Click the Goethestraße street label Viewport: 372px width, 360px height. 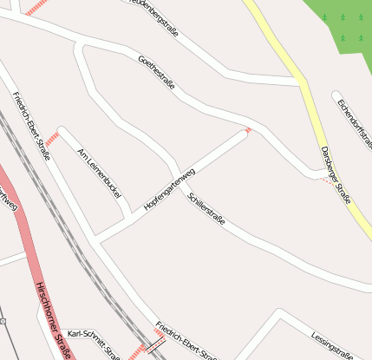coord(156,73)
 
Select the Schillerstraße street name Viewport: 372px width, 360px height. coord(206,209)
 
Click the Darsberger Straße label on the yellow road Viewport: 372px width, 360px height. coord(336,174)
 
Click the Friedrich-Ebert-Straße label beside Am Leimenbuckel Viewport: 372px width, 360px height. coord(31,124)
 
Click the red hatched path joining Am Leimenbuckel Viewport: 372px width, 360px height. coord(51,139)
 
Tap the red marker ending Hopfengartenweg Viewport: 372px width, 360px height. coord(248,130)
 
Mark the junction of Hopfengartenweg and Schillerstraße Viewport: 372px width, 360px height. coord(179,173)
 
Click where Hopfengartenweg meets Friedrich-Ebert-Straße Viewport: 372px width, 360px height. coord(95,239)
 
